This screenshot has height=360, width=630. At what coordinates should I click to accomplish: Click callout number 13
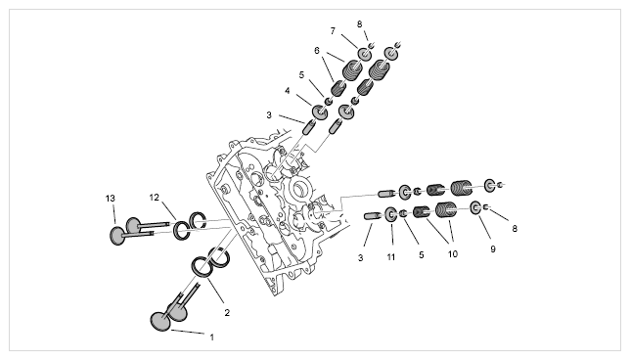point(111,198)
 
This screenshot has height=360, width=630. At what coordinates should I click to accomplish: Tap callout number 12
point(155,198)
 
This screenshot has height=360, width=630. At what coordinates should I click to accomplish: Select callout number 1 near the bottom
point(212,337)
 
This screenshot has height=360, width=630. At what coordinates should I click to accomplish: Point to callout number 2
point(227,313)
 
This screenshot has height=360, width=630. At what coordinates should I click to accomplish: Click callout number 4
point(288,91)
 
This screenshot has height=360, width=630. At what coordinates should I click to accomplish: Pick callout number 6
point(317,51)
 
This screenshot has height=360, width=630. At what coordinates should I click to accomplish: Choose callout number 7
point(333,31)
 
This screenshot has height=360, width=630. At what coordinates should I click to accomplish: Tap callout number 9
point(493,249)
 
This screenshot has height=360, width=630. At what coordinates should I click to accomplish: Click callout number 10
point(453,254)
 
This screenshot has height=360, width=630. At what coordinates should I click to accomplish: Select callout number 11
point(391,257)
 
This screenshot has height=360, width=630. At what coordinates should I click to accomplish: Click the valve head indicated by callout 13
point(117,236)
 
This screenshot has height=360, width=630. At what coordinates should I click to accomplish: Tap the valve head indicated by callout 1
point(160,322)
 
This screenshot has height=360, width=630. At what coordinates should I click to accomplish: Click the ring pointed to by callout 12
point(182,230)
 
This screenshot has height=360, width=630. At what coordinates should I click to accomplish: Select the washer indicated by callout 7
point(365,54)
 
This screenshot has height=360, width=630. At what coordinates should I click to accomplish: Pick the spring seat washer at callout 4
point(320,112)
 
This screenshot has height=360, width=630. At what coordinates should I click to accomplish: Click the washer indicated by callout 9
point(476,208)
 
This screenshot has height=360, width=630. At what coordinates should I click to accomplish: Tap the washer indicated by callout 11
point(391,215)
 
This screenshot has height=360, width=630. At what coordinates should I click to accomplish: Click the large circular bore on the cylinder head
point(299,189)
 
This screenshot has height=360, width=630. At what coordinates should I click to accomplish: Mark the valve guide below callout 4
point(308,127)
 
